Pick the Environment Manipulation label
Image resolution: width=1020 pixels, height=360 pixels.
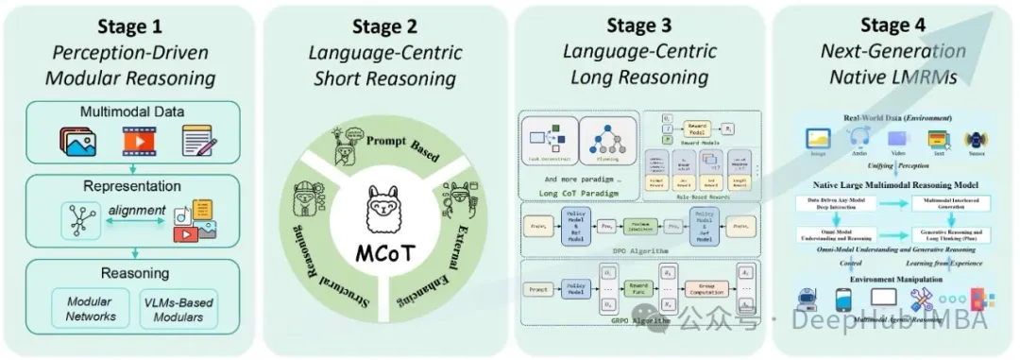892,280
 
